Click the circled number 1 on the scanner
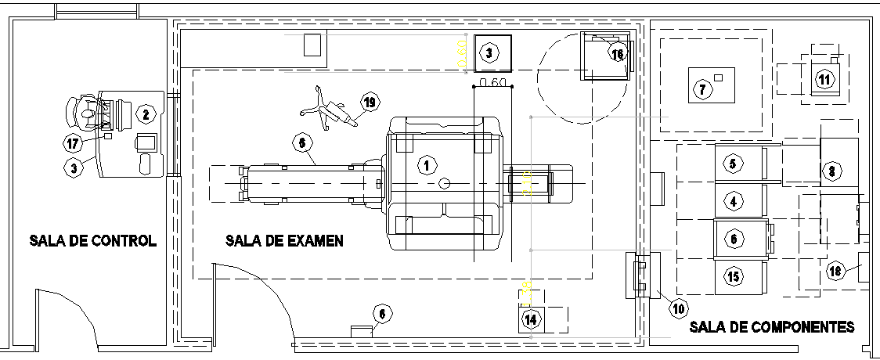click(x=427, y=165)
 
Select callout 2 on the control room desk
click(x=146, y=114)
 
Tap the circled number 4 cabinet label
click(x=733, y=202)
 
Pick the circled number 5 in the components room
click(x=733, y=164)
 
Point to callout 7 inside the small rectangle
click(x=702, y=90)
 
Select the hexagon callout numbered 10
click(x=678, y=308)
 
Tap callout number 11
click(x=824, y=79)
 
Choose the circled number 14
click(x=532, y=319)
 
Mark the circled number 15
click(x=733, y=276)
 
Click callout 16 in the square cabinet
click(x=618, y=54)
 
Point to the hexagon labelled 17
click(x=73, y=143)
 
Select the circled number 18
click(x=835, y=271)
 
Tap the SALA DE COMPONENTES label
click(x=772, y=327)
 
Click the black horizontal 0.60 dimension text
click(x=494, y=83)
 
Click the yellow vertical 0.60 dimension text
click(x=462, y=54)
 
